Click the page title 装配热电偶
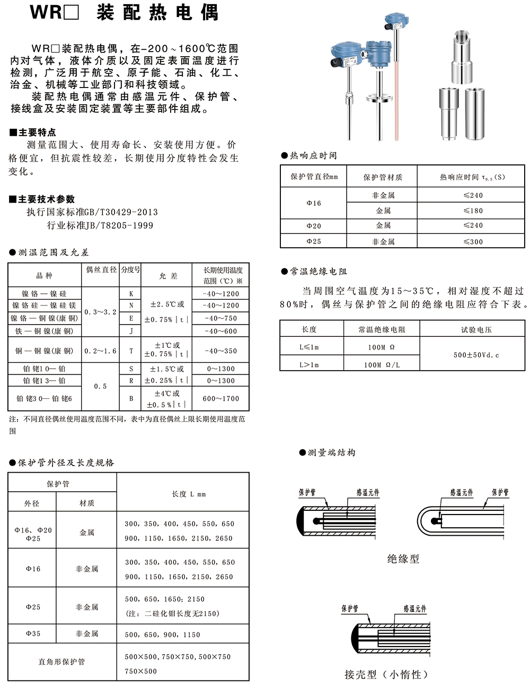click(157, 12)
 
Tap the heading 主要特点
click(37, 132)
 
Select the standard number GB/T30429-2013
click(121, 212)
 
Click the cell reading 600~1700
click(221, 398)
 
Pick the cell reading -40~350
click(221, 351)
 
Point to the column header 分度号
click(131, 269)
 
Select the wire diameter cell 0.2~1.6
click(100, 351)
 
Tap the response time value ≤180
click(473, 211)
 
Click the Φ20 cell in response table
click(314, 226)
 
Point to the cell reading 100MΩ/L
click(382, 365)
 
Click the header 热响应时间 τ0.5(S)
click(472, 177)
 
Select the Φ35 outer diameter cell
click(33, 633)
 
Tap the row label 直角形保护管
click(61, 662)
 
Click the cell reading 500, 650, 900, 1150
click(162, 634)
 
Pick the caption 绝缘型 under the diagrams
click(403, 559)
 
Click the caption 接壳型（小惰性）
click(386, 675)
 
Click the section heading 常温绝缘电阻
click(318, 272)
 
